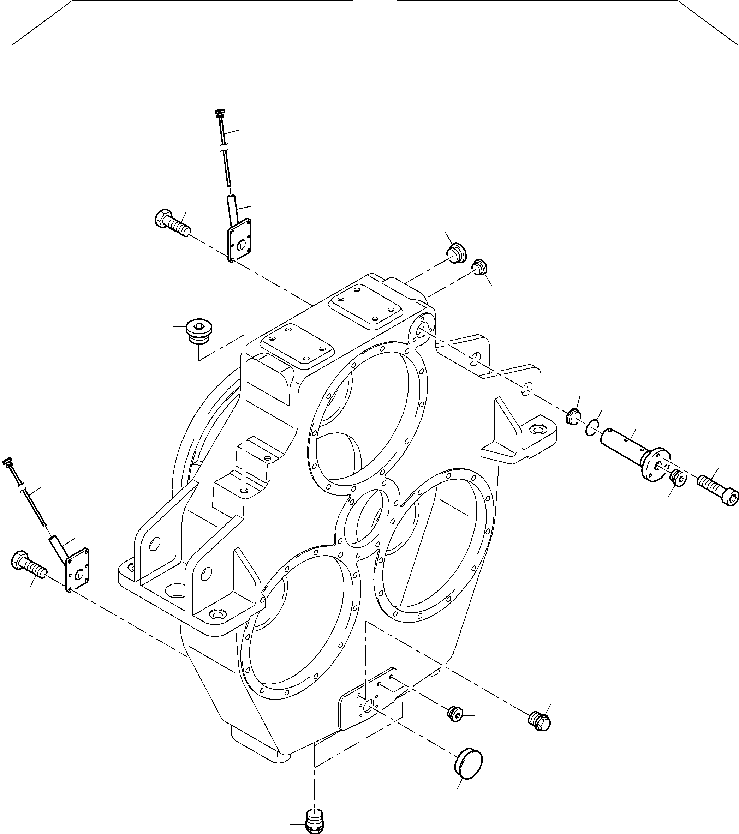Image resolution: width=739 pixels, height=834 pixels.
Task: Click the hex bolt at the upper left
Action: pos(172,222)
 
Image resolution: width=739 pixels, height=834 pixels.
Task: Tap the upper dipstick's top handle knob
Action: pos(220,112)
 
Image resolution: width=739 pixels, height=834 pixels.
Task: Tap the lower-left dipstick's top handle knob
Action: pos(7,462)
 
